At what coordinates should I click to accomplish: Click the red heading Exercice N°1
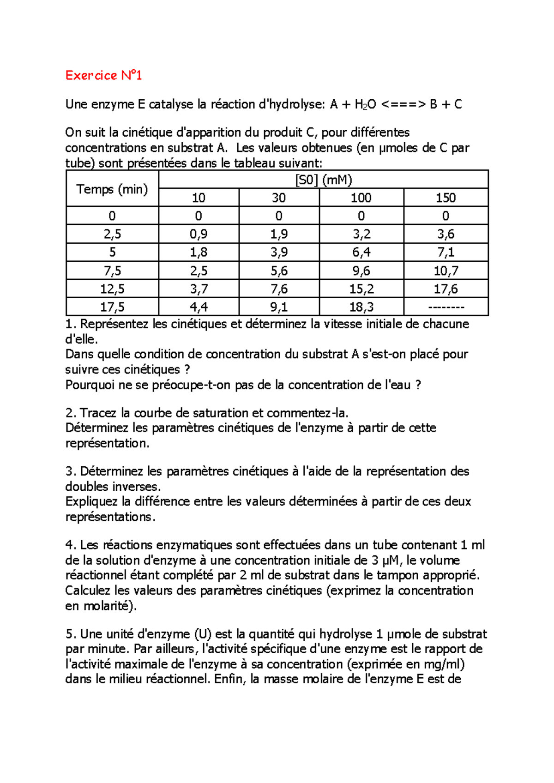[x=103, y=75]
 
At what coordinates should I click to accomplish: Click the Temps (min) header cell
[x=112, y=189]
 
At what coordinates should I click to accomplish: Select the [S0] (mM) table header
[x=323, y=180]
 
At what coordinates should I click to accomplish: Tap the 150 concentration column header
[x=446, y=198]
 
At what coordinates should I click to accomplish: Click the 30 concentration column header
[x=278, y=198]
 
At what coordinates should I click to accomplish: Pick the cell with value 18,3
[x=361, y=307]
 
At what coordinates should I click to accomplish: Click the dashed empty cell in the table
[x=446, y=307]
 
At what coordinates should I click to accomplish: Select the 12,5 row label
[x=112, y=289]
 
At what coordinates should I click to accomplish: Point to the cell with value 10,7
[x=446, y=271]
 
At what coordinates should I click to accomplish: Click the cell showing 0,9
[x=199, y=234]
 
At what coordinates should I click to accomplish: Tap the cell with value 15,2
[x=361, y=289]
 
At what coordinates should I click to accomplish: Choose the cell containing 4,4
[x=199, y=307]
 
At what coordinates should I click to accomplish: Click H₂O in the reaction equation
[x=365, y=105]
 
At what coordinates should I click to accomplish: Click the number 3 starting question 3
[x=69, y=471]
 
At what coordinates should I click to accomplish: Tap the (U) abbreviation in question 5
[x=202, y=634]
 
